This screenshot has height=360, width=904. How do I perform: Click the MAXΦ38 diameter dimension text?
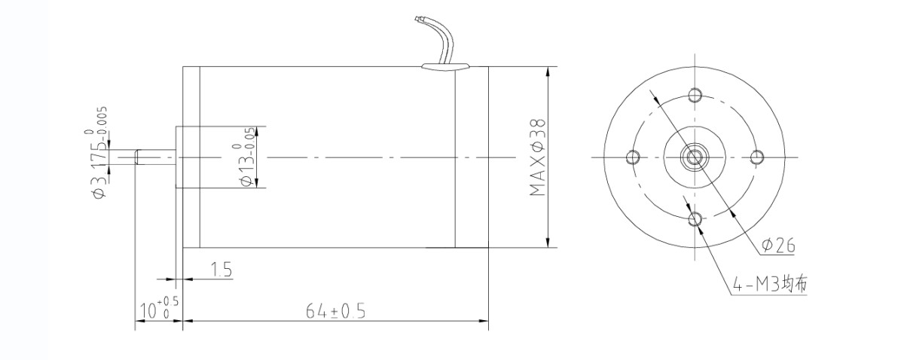tap(537, 157)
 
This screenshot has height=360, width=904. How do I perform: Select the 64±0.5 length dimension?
tap(335, 311)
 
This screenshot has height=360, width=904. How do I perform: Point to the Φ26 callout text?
tap(777, 246)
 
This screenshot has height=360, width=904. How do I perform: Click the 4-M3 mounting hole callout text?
tap(770, 285)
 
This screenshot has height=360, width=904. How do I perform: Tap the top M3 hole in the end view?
tap(695, 94)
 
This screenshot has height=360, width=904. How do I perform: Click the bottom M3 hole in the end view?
tap(695, 219)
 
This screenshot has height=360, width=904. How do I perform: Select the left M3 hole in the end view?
tap(632, 157)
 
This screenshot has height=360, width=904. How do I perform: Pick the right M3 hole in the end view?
tap(757, 157)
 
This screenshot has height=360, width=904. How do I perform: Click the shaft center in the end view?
tap(695, 157)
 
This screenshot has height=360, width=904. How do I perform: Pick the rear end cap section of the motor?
tap(472, 157)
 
